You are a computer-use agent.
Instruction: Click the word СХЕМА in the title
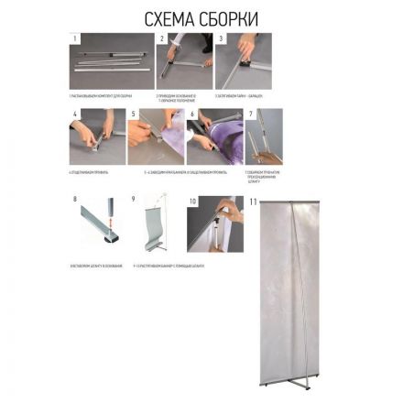coord(169,18)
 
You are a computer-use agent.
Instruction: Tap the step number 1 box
coord(73,39)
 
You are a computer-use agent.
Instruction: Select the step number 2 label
coord(161,39)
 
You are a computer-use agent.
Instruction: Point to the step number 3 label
coord(221,39)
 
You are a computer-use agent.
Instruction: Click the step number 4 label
coord(73,114)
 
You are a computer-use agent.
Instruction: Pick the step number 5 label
coord(133,114)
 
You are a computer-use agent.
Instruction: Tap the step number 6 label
coord(192,114)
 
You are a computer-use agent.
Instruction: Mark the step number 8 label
coord(73,199)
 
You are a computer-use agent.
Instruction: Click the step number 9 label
coord(134,199)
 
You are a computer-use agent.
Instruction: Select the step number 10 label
coord(192,199)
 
